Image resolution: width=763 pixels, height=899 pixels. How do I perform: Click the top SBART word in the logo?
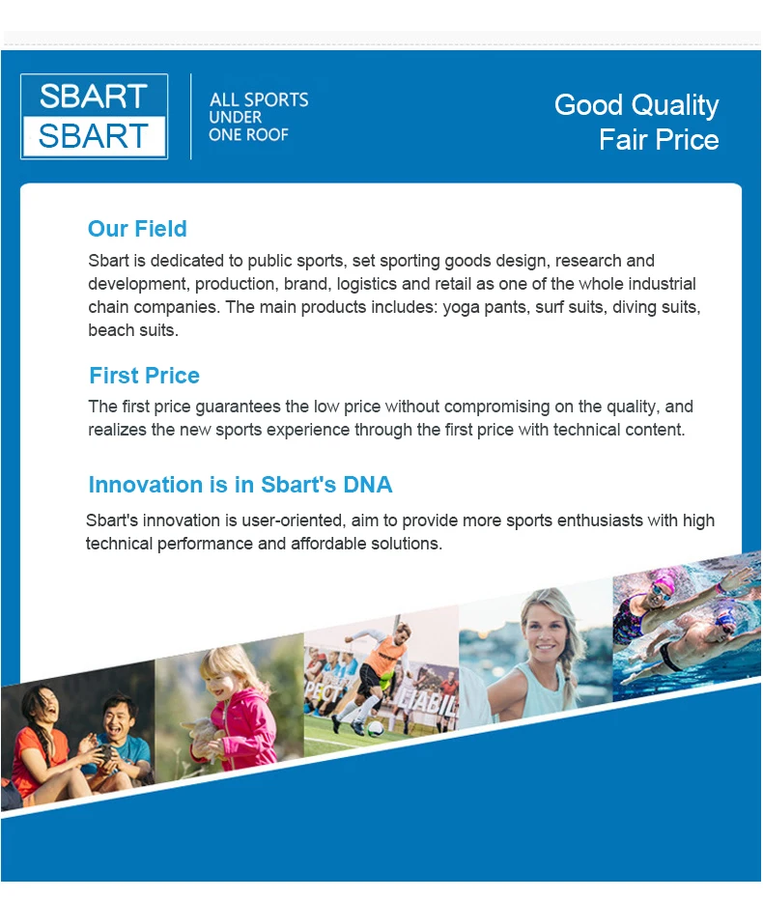[x=94, y=96]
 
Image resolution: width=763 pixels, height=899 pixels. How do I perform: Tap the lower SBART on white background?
[x=94, y=136]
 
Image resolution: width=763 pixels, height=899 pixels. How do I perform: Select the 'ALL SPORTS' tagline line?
[x=259, y=99]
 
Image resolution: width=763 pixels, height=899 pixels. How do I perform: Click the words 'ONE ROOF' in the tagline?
[x=249, y=135]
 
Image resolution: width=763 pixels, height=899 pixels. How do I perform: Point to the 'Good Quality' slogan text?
[x=636, y=106]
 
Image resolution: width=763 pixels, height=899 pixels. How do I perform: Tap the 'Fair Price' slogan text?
[x=660, y=139]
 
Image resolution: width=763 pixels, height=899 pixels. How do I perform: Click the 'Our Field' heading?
[x=137, y=229]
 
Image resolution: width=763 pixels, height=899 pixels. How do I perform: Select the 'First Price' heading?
[x=145, y=376]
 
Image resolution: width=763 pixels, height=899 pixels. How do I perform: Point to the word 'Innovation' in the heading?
[x=146, y=485]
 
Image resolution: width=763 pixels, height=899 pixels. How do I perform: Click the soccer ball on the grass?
[x=375, y=729]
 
